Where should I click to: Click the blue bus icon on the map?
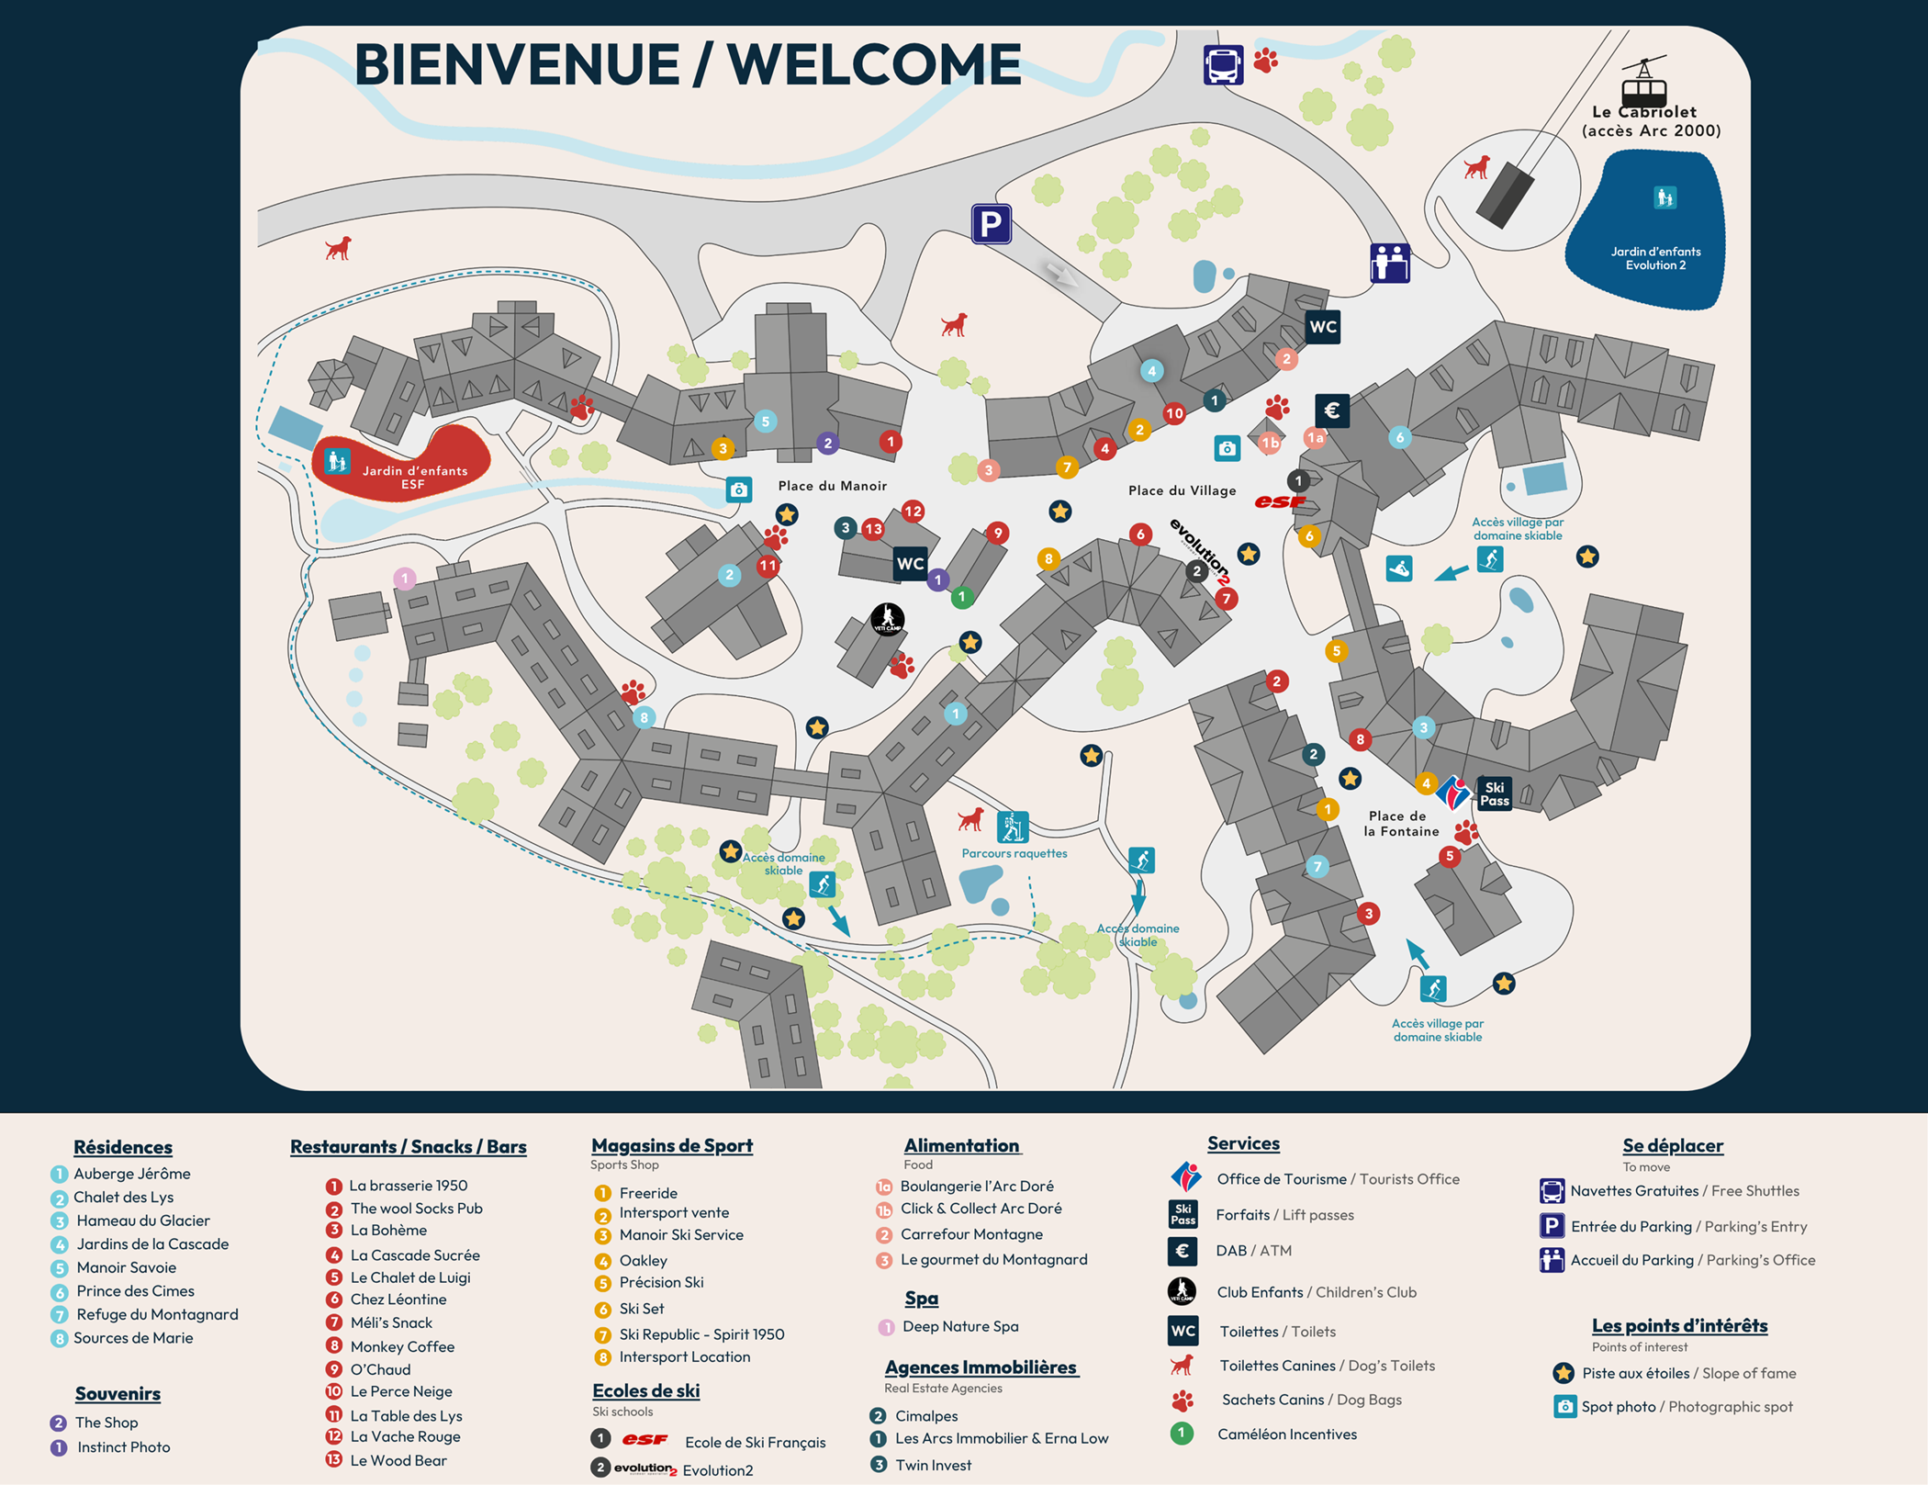[1223, 65]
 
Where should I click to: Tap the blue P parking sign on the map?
[991, 224]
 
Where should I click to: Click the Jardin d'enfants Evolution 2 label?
[1655, 258]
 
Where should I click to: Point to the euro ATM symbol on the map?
[1331, 411]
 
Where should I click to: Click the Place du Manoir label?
[832, 486]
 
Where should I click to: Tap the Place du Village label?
[1182, 490]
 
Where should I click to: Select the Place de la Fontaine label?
[1400, 823]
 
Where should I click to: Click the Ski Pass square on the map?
[1494, 793]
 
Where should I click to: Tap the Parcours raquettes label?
[1014, 853]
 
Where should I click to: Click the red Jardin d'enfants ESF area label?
[414, 477]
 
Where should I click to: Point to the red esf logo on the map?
[1279, 501]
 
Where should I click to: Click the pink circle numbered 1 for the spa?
[404, 579]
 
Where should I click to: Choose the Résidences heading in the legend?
[123, 1147]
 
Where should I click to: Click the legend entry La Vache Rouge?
[405, 1436]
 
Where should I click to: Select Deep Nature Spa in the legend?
[959, 1326]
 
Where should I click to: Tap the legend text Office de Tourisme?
[1281, 1179]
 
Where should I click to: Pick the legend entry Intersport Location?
[684, 1356]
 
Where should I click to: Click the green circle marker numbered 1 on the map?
[961, 597]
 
